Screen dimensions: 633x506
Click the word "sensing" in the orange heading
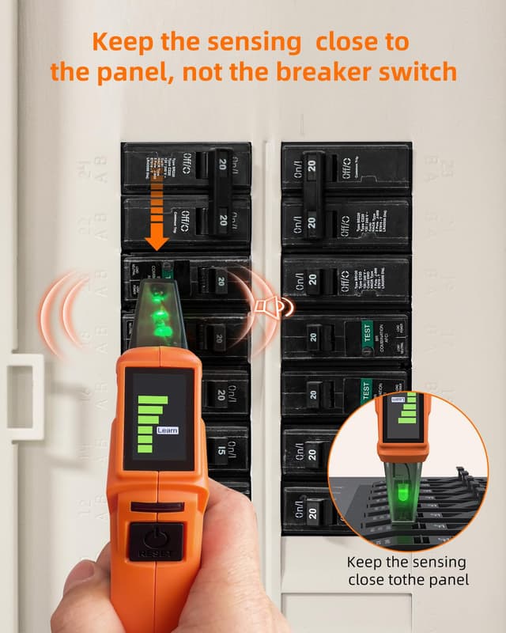(241, 41)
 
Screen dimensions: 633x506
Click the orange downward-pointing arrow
(157, 214)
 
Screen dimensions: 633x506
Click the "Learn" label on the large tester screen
(168, 430)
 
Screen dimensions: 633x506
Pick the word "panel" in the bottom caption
(451, 581)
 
